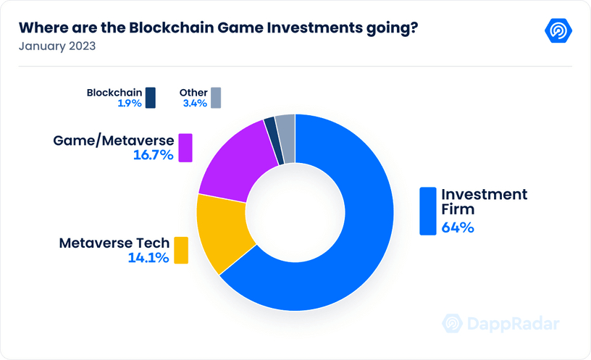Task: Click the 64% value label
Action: click(458, 227)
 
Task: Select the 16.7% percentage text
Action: click(154, 155)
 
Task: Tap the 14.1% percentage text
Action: click(148, 258)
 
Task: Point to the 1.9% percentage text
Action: click(130, 104)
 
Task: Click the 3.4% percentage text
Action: click(195, 104)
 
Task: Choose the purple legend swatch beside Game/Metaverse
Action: click(185, 148)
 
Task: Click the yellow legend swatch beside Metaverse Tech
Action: click(181, 251)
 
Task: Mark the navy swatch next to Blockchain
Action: click(151, 98)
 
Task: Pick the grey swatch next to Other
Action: click(216, 98)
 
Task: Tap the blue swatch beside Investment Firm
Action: click(428, 211)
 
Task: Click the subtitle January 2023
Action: click(57, 46)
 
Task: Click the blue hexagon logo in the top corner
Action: click(558, 30)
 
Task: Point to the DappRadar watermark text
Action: click(514, 325)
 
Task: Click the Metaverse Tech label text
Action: click(114, 243)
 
